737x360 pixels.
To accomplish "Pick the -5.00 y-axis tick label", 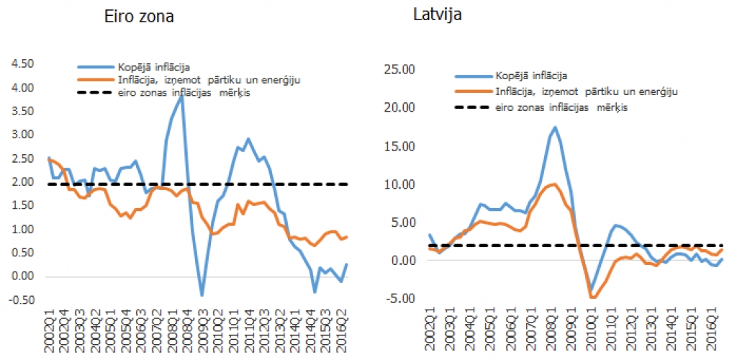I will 400,298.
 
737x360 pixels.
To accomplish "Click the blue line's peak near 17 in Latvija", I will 554,127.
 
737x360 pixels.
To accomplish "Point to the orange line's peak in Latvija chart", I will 553,184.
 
